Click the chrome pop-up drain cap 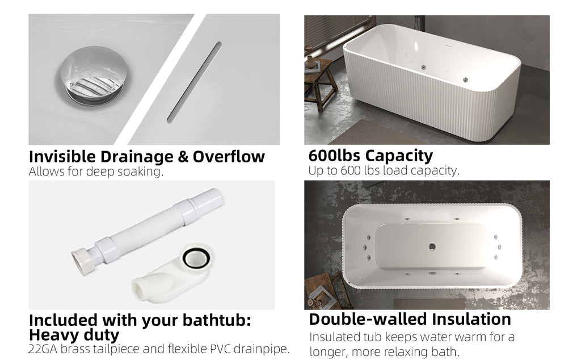coord(95,76)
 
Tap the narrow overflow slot coord(194,82)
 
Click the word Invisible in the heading coord(62,157)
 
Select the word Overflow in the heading coord(229,157)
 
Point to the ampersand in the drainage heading coord(183,157)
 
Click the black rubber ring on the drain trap coord(196,258)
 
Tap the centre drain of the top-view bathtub coord(432,246)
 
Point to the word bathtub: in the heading coord(217,320)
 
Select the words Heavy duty coord(74,336)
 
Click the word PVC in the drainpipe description coord(221,349)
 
